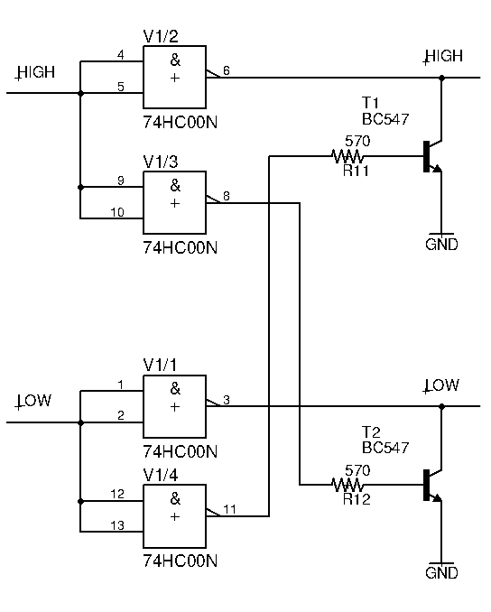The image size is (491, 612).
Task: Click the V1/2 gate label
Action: pyautogui.click(x=161, y=36)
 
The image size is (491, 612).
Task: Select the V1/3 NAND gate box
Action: pyautogui.click(x=174, y=202)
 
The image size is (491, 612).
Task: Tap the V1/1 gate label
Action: pyautogui.click(x=160, y=366)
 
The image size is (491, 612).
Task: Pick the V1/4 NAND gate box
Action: pyautogui.click(x=174, y=516)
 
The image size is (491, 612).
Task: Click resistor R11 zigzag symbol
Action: pyautogui.click(x=347, y=156)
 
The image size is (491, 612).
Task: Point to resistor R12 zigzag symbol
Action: pyautogui.click(x=347, y=485)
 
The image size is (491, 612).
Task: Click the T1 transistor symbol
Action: pyautogui.click(x=433, y=156)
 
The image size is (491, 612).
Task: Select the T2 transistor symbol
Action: pyautogui.click(x=433, y=485)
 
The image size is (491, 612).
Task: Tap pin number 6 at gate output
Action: pyautogui.click(x=227, y=70)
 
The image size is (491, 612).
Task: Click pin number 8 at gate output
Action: pyautogui.click(x=227, y=196)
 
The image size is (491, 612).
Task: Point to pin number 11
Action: pyautogui.click(x=229, y=509)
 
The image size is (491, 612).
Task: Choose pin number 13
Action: pyautogui.click(x=117, y=525)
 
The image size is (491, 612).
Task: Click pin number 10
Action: pyautogui.click(x=117, y=212)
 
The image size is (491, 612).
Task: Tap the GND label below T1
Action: pyautogui.click(x=441, y=245)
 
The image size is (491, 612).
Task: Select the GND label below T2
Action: pyautogui.click(x=441, y=573)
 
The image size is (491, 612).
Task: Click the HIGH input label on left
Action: pyautogui.click(x=35, y=72)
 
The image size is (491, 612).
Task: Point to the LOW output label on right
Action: pyautogui.click(x=441, y=385)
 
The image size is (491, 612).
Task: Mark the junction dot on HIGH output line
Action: pyautogui.click(x=442, y=78)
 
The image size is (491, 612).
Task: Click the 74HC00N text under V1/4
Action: pyautogui.click(x=180, y=561)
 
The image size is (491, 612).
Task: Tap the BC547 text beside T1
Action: pyautogui.click(x=385, y=119)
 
